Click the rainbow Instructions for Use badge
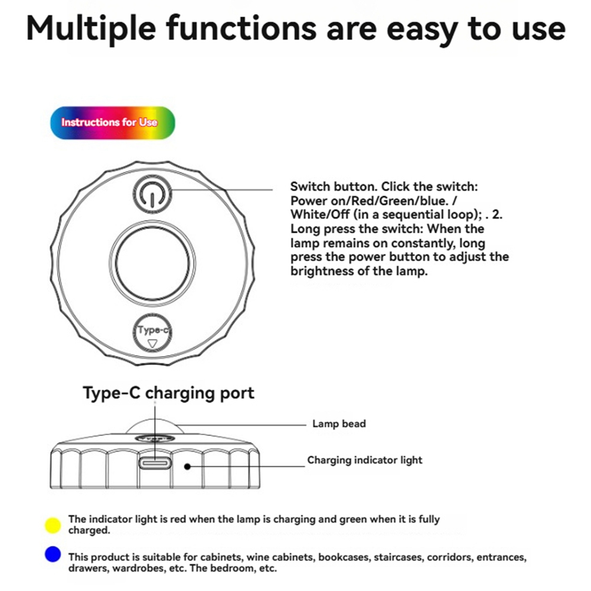point(113,122)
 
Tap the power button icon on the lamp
point(152,194)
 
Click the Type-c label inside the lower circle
point(153,330)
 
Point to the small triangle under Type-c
point(153,344)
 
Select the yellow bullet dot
point(53,525)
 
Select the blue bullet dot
point(53,554)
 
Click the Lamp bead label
point(339,424)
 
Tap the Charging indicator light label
point(365,460)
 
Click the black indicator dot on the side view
point(187,466)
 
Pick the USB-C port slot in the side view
point(155,463)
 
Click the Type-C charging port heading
point(168,393)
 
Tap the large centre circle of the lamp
point(152,263)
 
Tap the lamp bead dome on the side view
point(155,427)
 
